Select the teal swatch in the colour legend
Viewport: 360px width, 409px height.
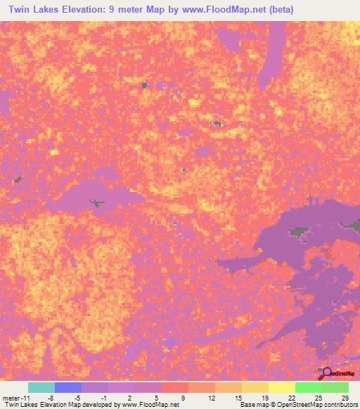click(x=41, y=387)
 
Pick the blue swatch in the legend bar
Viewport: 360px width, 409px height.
click(x=68, y=387)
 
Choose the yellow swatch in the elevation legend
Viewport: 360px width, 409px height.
click(x=282, y=387)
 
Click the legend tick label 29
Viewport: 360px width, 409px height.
click(x=344, y=397)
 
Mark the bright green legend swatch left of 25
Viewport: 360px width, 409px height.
click(x=309, y=387)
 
